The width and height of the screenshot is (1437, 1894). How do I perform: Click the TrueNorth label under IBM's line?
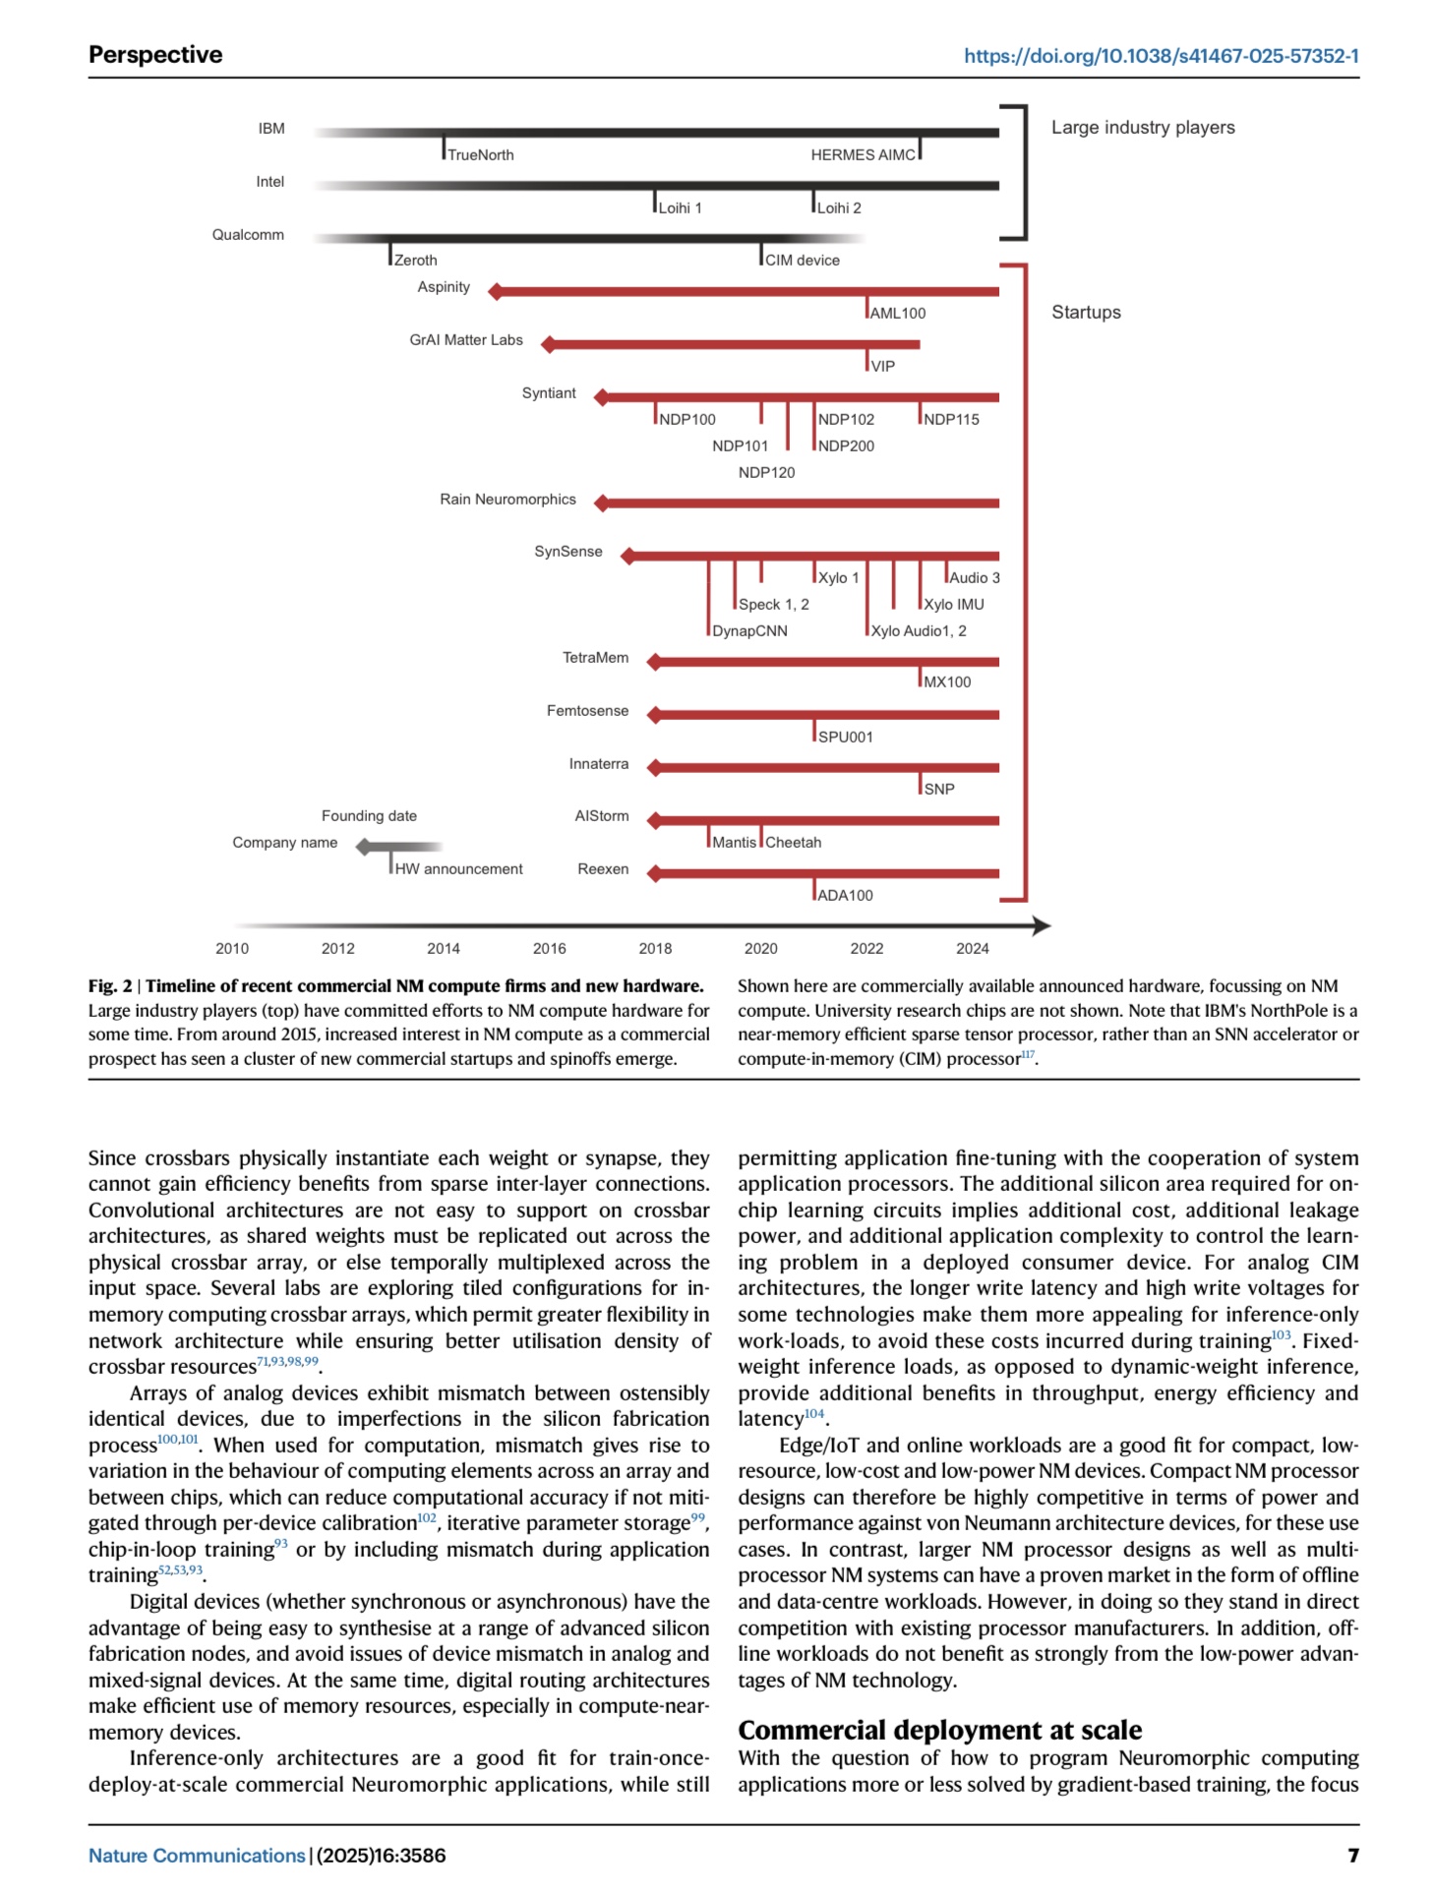480,154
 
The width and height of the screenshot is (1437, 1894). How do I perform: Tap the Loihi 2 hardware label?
838,207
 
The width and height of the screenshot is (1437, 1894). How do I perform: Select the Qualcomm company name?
248,234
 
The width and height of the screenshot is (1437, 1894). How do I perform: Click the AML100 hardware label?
897,313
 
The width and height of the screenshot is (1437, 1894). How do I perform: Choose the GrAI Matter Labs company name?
466,339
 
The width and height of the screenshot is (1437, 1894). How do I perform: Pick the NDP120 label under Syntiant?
766,472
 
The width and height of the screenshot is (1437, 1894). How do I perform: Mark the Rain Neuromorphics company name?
508,499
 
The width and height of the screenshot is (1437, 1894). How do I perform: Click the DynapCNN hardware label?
749,630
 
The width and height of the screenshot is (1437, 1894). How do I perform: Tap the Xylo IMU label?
953,604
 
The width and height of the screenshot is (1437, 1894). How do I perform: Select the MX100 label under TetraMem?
946,681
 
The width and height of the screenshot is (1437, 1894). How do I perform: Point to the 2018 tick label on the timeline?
655,948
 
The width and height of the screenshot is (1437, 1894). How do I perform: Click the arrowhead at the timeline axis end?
1042,925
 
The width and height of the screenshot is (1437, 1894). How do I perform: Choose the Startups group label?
1086,312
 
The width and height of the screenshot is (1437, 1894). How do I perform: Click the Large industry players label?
1143,127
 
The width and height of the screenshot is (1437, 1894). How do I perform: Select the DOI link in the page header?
1161,55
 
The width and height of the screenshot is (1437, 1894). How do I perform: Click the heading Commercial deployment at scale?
939,1730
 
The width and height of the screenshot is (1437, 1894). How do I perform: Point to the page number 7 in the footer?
1352,1855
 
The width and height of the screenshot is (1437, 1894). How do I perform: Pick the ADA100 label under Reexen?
845,895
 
